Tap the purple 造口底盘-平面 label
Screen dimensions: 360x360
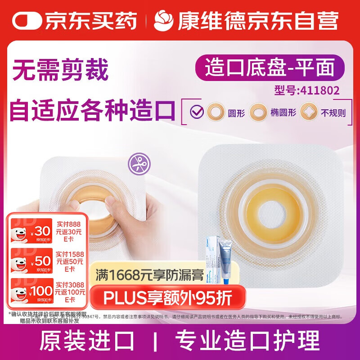(270, 68)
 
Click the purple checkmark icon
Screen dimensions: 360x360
(197, 111)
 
